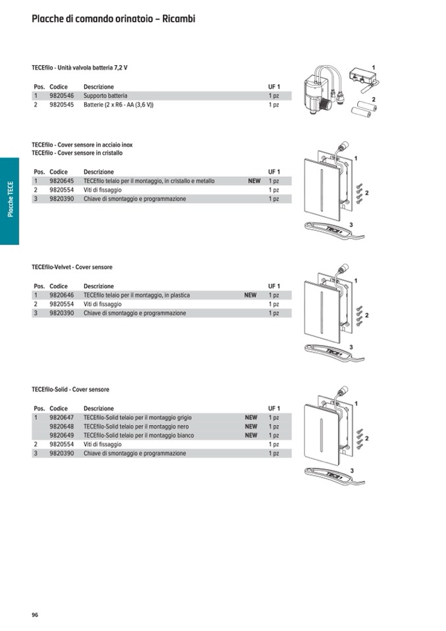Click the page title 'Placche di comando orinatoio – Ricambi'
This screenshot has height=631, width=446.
coord(113,19)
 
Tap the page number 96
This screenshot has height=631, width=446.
coord(35,615)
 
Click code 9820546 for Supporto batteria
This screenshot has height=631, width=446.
coord(61,95)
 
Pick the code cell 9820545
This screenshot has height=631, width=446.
coord(61,105)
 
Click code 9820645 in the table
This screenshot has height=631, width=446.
coord(61,181)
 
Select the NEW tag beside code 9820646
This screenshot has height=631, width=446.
coord(250,295)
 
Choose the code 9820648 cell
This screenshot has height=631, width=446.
coord(61,426)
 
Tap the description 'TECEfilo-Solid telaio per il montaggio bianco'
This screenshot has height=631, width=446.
coord(139,436)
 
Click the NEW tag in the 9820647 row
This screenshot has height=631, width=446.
coord(251,418)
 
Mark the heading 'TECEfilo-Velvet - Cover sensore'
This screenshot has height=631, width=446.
coord(72,268)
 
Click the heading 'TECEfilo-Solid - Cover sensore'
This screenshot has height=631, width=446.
coord(70,390)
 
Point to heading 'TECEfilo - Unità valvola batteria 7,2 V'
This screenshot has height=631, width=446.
coord(80,68)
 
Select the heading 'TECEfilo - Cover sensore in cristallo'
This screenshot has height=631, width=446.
coord(77,153)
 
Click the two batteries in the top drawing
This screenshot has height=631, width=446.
coord(362,109)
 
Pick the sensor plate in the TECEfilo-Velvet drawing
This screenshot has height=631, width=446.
coord(322,312)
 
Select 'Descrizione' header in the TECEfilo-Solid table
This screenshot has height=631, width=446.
coord(99,409)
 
